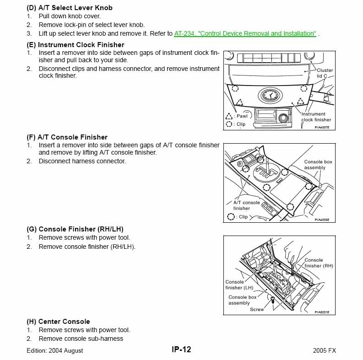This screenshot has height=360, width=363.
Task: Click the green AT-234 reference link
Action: [245, 33]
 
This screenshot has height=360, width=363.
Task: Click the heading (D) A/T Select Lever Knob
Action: [70, 8]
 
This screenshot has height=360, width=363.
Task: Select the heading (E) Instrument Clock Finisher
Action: [76, 45]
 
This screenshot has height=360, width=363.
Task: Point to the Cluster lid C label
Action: [325, 73]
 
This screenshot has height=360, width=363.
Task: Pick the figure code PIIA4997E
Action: [321, 127]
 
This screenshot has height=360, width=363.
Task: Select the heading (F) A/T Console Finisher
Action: [67, 137]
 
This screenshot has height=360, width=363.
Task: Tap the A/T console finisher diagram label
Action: [246, 205]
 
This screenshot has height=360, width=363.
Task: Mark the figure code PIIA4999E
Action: [321, 220]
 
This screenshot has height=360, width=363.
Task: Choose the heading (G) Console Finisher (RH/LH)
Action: [75, 229]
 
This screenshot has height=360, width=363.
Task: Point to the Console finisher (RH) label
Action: [319, 263]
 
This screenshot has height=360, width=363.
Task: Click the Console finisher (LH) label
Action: [239, 285]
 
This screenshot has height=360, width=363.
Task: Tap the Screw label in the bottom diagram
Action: [257, 310]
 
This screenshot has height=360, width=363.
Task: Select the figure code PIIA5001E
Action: [321, 312]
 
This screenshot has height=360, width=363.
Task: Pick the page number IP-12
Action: [181, 350]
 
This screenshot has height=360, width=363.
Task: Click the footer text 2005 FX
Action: [324, 351]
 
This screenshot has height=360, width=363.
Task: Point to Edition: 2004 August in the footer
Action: [55, 351]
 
